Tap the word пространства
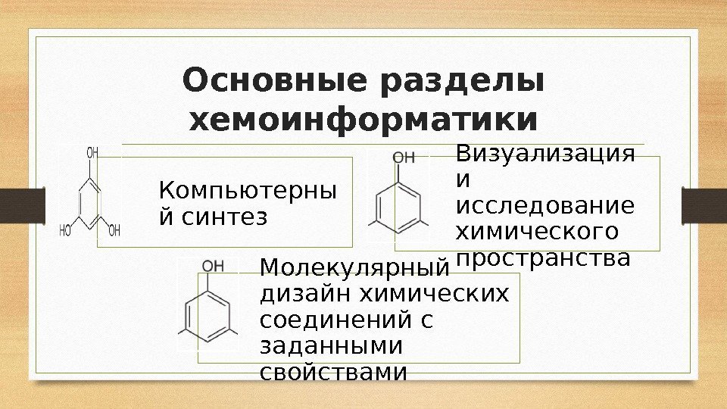542,258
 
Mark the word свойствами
333,373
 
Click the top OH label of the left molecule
92,153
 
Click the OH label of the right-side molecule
404,158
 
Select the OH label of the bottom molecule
213,265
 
